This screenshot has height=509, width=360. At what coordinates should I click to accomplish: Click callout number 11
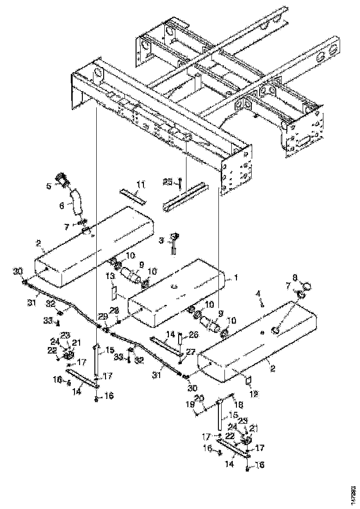click(x=140, y=185)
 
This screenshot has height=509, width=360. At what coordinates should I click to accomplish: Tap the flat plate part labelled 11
click(x=133, y=195)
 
